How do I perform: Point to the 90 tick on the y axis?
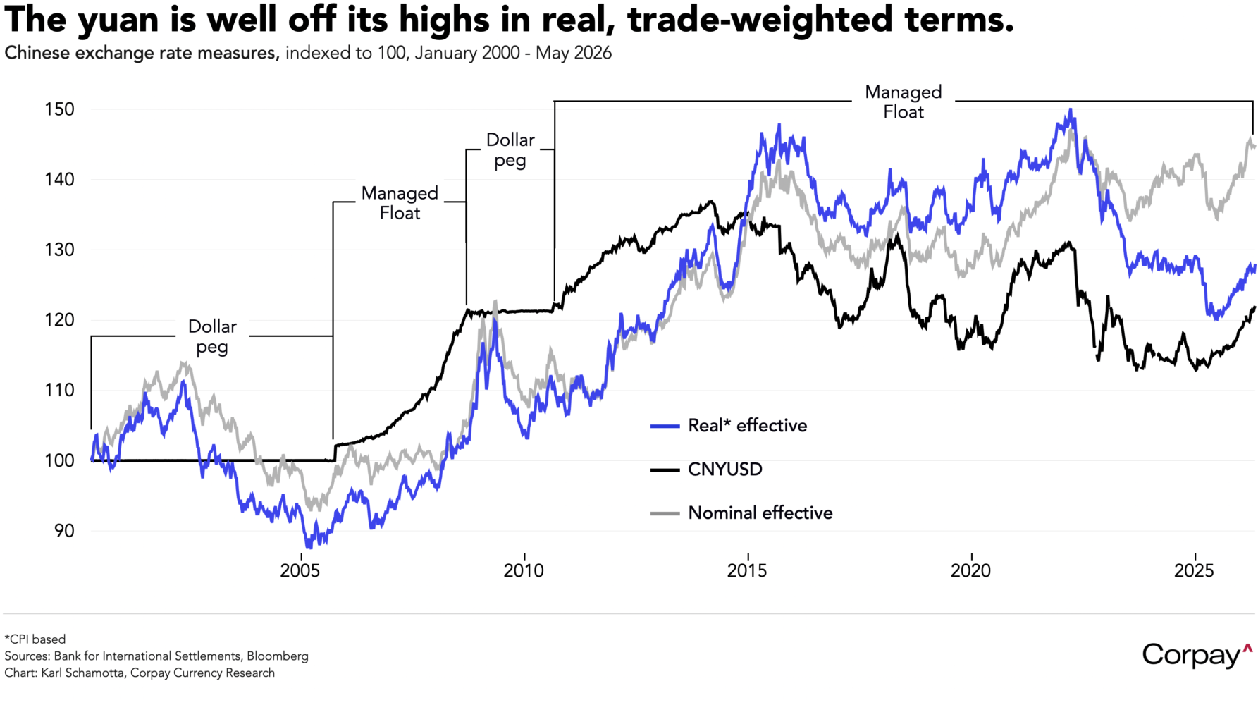(63, 531)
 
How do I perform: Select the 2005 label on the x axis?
(300, 570)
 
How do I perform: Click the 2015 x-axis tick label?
(747, 570)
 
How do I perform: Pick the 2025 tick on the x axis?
(1194, 570)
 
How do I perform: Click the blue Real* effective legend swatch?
(665, 426)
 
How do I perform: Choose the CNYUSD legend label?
(725, 470)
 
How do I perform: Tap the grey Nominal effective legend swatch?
(665, 513)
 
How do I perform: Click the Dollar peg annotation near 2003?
(212, 336)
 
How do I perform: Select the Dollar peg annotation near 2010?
(510, 150)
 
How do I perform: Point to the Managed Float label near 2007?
(400, 203)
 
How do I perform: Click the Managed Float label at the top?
(904, 102)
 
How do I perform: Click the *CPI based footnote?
(35, 639)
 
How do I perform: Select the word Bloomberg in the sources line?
(278, 656)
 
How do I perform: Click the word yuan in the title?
(118, 20)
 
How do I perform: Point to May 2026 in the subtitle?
(574, 54)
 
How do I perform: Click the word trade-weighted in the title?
(761, 20)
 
